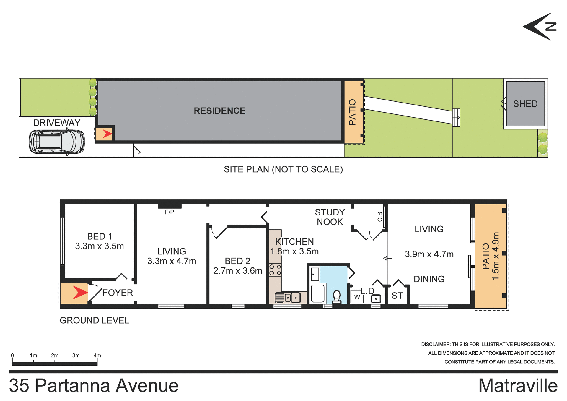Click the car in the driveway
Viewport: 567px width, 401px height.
pyautogui.click(x=57, y=142)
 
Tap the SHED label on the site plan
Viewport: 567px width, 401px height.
pyautogui.click(x=525, y=104)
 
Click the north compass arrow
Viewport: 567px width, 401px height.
pyautogui.click(x=539, y=27)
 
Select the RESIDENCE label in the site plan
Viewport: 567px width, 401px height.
pyautogui.click(x=219, y=111)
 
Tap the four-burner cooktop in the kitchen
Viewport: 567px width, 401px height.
pyautogui.click(x=275, y=270)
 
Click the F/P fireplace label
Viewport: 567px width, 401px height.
pyautogui.click(x=169, y=212)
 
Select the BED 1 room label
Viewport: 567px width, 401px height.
pyautogui.click(x=100, y=236)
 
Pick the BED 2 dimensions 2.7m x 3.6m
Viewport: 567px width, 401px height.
pyautogui.click(x=237, y=271)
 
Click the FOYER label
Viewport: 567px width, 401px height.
pyautogui.click(x=118, y=293)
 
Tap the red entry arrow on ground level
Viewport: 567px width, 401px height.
pyautogui.click(x=80, y=293)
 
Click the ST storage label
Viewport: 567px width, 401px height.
pyautogui.click(x=397, y=296)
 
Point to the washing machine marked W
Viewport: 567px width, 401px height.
pyautogui.click(x=357, y=297)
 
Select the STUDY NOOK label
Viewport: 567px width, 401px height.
pyautogui.click(x=330, y=217)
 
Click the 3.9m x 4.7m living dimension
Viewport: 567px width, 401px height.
pyautogui.click(x=429, y=254)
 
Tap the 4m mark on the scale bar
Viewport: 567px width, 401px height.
pyautogui.click(x=97, y=355)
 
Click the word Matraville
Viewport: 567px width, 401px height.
pyautogui.click(x=518, y=386)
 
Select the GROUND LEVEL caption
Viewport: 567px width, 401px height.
pyautogui.click(x=94, y=320)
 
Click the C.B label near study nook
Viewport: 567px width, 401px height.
pyautogui.click(x=380, y=217)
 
